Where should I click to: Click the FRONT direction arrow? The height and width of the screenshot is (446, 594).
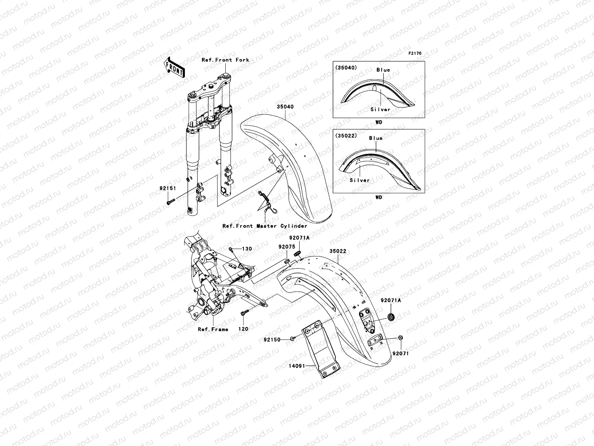(174, 67)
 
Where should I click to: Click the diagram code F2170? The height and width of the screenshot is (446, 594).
(415, 54)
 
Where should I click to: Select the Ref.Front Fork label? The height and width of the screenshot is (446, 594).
(225, 60)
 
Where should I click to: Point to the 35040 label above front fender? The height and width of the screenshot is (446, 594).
(285, 107)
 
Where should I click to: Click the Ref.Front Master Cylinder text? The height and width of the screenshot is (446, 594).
(265, 226)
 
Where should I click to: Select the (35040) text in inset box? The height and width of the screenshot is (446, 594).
(346, 68)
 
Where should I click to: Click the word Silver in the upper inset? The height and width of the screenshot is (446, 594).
(380, 110)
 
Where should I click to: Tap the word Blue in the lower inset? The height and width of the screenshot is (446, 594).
(376, 138)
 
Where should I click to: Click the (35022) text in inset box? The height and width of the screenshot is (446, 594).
(346, 136)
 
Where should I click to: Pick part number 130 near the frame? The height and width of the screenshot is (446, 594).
(247, 249)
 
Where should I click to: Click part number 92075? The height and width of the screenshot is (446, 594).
(286, 246)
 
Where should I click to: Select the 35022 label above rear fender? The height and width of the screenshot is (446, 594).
(337, 251)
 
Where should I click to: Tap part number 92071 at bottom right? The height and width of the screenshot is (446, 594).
(401, 353)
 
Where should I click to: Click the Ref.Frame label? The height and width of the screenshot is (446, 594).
(213, 329)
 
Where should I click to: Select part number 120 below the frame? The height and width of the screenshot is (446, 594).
(244, 329)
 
